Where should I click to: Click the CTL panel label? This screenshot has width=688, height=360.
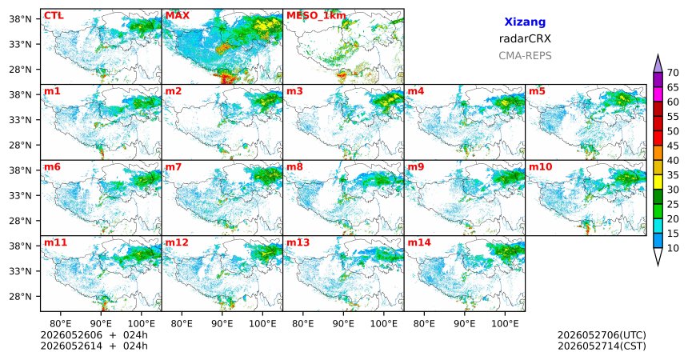click(x=54, y=16)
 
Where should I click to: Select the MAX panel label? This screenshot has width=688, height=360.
click(x=178, y=16)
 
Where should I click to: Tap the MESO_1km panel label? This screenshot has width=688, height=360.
click(x=316, y=16)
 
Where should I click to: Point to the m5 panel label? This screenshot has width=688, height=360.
click(x=537, y=91)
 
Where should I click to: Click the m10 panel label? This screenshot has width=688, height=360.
click(x=540, y=167)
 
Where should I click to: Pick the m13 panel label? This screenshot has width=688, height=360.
click(x=298, y=242)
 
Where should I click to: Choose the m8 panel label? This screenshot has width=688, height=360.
click(x=294, y=167)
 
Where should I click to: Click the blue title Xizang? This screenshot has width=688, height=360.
click(x=525, y=22)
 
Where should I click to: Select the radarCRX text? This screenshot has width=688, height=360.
click(x=525, y=38)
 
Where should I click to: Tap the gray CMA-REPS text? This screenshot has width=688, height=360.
click(x=525, y=56)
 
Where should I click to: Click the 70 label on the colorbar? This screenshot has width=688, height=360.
click(x=673, y=73)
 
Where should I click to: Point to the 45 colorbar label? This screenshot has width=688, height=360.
click(x=673, y=146)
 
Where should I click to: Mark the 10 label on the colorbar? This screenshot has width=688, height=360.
click(x=673, y=248)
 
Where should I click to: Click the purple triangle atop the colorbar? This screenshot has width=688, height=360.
click(x=658, y=65)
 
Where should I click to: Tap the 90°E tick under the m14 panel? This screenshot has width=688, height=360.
click(x=465, y=324)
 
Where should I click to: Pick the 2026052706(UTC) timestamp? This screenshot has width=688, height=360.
click(x=602, y=335)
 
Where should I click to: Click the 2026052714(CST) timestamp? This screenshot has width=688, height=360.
click(x=602, y=346)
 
